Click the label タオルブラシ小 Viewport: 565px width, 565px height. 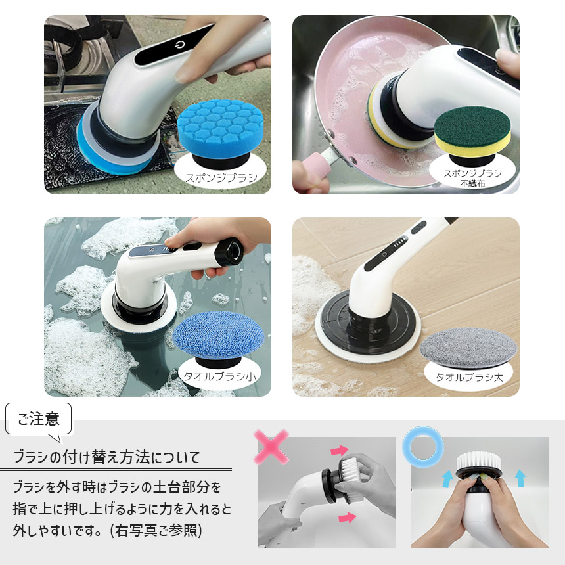[219, 376]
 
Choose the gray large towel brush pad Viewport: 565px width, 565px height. [468, 345]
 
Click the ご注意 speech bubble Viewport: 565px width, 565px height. [39, 420]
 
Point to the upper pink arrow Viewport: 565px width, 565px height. [339, 450]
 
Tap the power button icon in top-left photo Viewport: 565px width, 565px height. [179, 47]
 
